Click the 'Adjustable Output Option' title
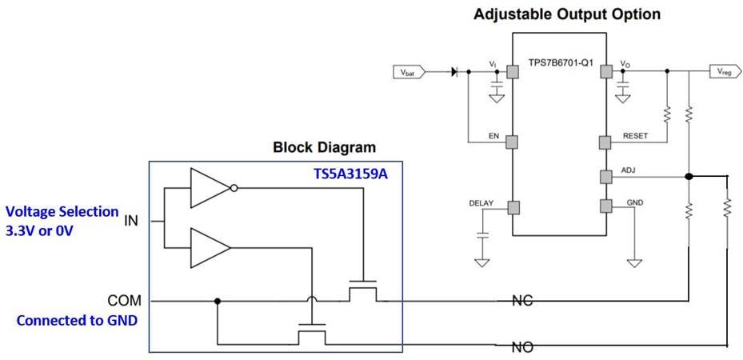[x=567, y=14]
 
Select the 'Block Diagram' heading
[x=324, y=147]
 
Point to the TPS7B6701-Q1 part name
[x=561, y=62]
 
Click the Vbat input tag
[x=409, y=72]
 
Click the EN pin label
[x=494, y=136]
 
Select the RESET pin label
[x=636, y=136]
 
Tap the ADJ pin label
[x=629, y=170]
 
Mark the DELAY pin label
[x=481, y=202]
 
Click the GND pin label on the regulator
[x=634, y=202]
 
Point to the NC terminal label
[x=523, y=301]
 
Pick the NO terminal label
[x=523, y=347]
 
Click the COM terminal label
[x=124, y=301]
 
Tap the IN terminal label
[x=131, y=220]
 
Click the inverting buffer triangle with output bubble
[x=211, y=189]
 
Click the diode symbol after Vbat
[x=456, y=72]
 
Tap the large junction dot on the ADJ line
[x=689, y=176]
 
